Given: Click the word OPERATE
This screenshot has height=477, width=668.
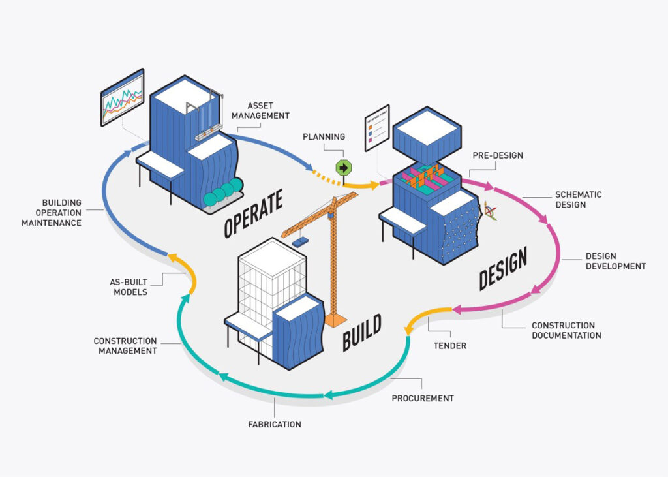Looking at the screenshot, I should [x=253, y=213].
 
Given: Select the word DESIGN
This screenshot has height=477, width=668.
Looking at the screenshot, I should [x=503, y=267].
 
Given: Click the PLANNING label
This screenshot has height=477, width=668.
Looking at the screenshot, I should [x=324, y=137].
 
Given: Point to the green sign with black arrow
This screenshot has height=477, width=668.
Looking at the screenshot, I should [x=343, y=167].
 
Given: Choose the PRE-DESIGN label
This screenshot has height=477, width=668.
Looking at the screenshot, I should [x=498, y=155].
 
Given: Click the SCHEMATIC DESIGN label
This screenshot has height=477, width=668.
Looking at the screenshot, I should [x=578, y=200].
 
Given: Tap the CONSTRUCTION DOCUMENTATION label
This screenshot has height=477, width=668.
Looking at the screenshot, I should [x=566, y=330].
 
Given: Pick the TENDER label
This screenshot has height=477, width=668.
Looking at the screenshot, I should [x=450, y=346].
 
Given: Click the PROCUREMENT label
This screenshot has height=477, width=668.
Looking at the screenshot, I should [x=423, y=398].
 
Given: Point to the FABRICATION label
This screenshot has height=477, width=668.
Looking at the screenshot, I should [x=275, y=424].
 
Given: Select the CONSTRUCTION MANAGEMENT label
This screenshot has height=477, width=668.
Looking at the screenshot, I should [x=125, y=346].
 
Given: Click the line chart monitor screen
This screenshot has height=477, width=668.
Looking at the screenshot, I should [x=122, y=97].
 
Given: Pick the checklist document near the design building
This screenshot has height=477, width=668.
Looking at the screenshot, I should [x=376, y=127].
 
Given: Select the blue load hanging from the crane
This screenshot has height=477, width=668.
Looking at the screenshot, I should [x=301, y=241].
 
